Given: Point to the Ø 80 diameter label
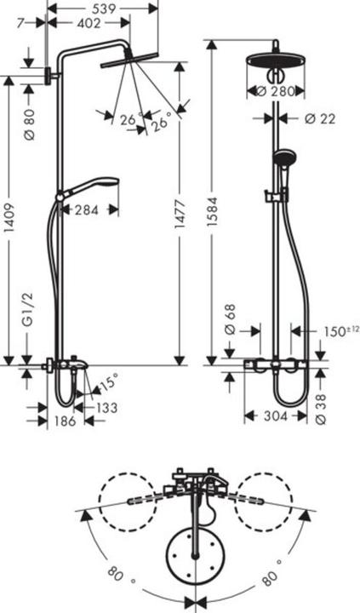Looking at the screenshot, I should [x=29, y=123].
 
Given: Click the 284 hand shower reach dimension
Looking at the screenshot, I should [x=88, y=209].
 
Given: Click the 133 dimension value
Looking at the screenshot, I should [x=106, y=408].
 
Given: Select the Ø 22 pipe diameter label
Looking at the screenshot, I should [x=319, y=118].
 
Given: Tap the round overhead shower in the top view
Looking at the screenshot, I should [x=197, y=556].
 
